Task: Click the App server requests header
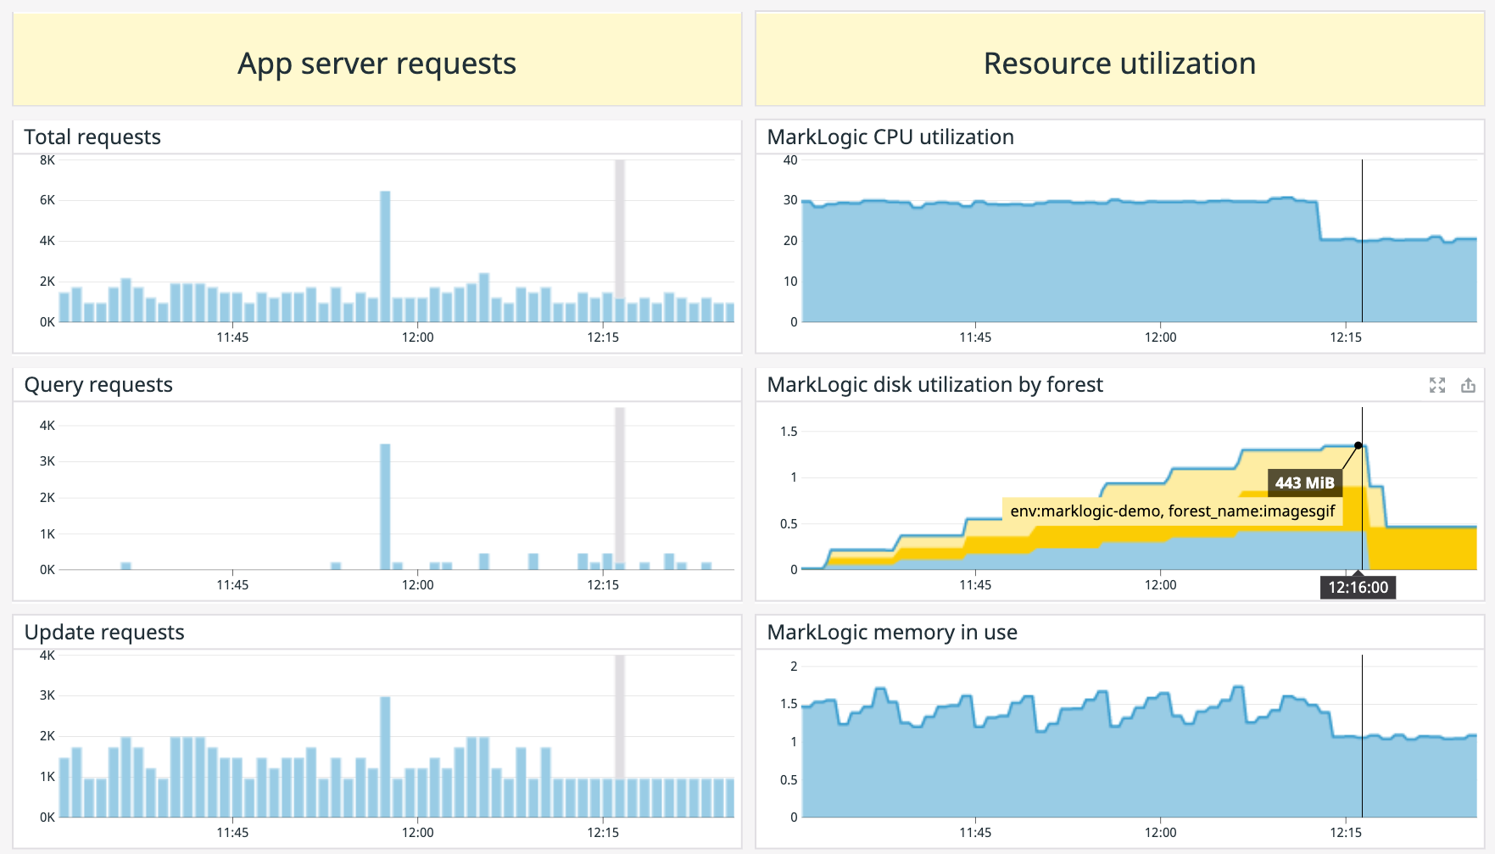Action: coord(377,64)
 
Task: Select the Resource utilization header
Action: coord(1119,64)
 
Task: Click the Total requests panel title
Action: coord(92,137)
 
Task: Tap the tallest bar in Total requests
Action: coord(385,254)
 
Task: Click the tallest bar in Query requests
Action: coord(385,505)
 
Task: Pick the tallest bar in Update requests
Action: coord(385,755)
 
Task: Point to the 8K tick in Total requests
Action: coord(47,160)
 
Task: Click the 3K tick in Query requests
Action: coord(47,461)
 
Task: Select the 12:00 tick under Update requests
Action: coord(417,833)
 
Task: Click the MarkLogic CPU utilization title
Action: coord(890,137)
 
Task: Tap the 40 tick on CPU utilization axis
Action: coord(790,160)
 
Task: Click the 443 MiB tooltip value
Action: coord(1304,483)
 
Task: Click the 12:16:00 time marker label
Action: coord(1358,587)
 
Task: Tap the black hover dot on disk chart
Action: coord(1358,445)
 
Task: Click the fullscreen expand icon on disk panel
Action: coord(1436,386)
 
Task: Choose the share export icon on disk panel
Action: coord(1468,386)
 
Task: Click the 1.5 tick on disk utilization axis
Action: coord(789,432)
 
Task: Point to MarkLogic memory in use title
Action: coord(892,633)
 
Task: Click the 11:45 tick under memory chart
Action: coord(975,833)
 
